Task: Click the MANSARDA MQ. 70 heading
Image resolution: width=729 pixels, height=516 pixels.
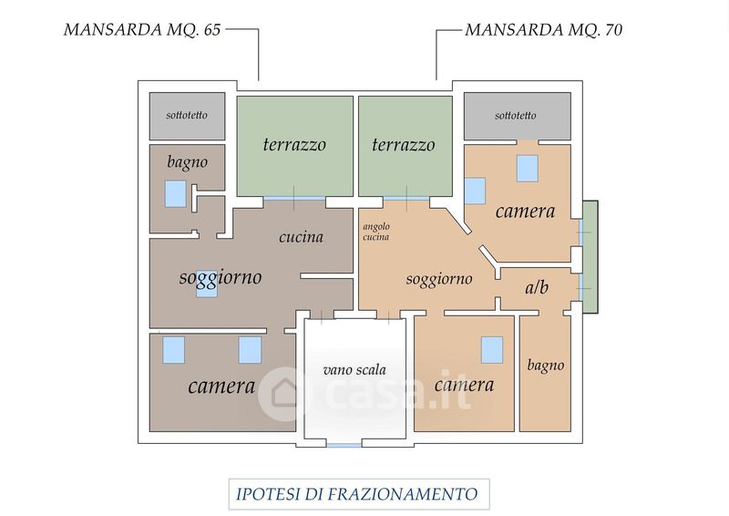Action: [x=544, y=29]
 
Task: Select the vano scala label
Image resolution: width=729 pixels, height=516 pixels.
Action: [x=354, y=370]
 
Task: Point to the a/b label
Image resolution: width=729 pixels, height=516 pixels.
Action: [x=537, y=288]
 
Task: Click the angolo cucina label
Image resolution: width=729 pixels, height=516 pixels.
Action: [x=375, y=232]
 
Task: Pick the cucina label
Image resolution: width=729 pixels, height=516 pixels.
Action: [x=301, y=237]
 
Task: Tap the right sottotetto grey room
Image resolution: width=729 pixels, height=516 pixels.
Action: [x=517, y=116]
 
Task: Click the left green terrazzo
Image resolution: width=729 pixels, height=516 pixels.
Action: [x=294, y=145]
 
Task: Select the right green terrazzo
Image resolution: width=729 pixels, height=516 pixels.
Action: [x=404, y=145]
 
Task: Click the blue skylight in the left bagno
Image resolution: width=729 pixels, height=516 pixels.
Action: [x=176, y=193]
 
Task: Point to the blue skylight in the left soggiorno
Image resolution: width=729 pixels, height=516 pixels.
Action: [x=207, y=285]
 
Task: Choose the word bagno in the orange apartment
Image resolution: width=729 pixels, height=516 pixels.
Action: [x=546, y=366]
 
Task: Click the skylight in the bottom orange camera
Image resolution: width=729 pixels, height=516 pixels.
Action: [x=491, y=348]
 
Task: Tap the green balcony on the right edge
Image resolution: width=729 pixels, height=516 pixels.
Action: [x=590, y=256]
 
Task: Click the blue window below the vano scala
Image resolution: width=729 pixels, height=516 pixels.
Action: [x=343, y=445]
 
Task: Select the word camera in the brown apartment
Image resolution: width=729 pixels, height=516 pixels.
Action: [x=221, y=386]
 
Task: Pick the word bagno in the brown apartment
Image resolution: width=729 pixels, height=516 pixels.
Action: [x=187, y=161]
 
